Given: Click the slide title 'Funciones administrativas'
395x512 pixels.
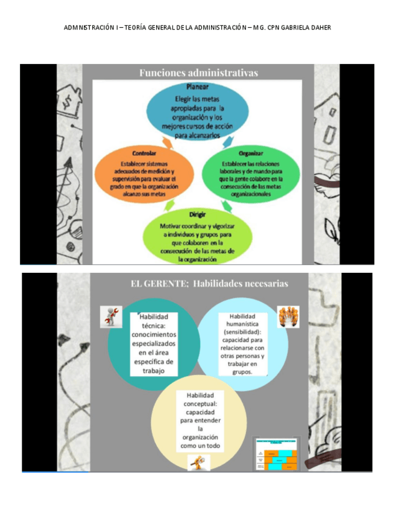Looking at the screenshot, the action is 198,73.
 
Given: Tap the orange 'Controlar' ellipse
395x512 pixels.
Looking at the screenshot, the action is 145,176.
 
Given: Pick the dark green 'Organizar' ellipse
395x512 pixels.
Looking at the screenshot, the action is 250,174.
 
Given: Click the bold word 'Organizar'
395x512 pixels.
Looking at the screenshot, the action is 250,154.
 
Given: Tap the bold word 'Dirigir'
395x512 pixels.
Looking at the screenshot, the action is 197,214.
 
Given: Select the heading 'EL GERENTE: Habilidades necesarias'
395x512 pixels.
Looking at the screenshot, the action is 209,283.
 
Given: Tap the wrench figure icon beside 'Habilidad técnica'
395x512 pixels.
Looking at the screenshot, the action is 110,317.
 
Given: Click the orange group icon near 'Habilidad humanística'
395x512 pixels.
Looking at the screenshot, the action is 288,316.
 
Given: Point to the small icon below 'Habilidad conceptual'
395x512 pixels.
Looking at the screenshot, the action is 198,461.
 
